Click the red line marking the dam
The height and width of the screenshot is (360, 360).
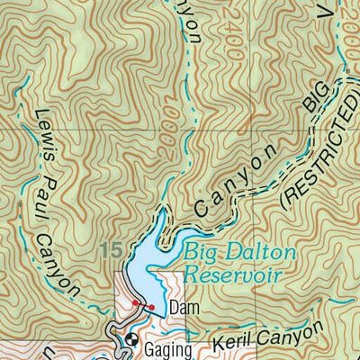[143, 306]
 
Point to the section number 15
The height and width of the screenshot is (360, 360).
[112, 248]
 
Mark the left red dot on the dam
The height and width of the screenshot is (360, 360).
[135, 303]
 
